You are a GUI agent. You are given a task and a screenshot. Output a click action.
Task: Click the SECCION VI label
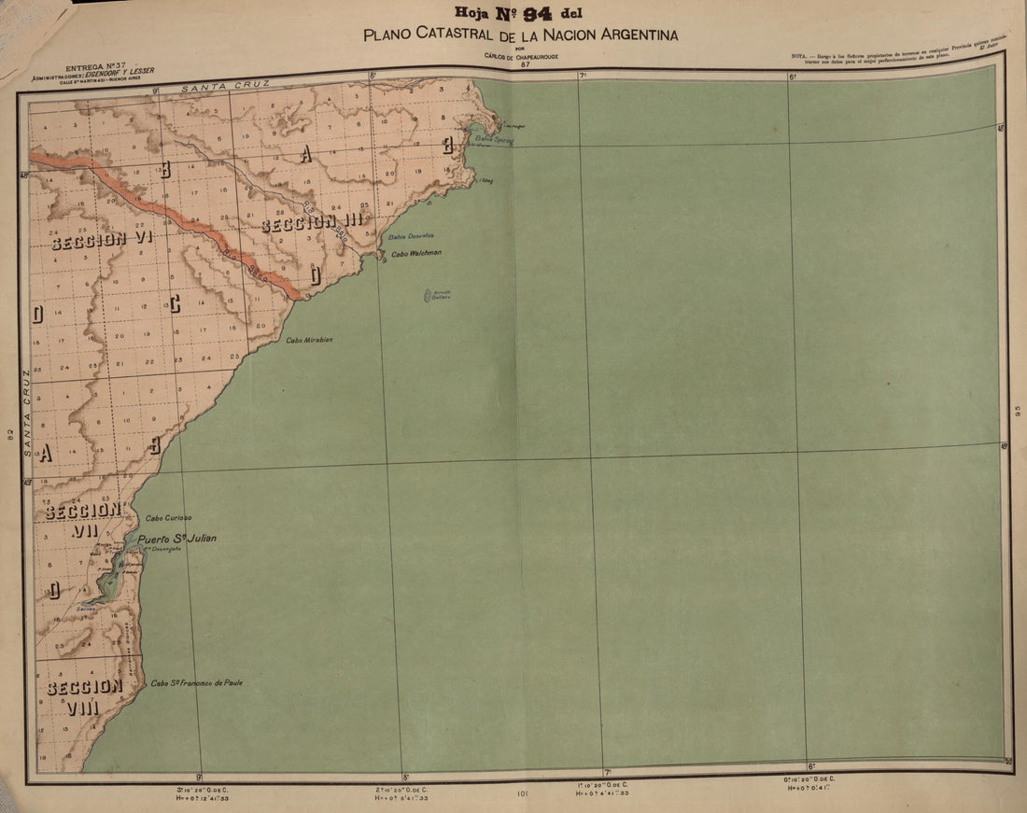(x=102, y=240)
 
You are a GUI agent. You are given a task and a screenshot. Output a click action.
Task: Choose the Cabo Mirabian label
(x=309, y=340)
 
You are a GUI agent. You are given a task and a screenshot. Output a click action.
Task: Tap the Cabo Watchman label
(x=415, y=253)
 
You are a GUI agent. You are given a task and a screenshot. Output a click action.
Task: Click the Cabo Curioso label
(x=168, y=517)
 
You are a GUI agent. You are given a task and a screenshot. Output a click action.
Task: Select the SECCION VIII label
(x=84, y=696)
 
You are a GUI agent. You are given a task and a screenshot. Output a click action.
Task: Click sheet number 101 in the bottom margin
(x=522, y=794)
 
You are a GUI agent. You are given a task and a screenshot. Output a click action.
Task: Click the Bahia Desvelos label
(x=411, y=235)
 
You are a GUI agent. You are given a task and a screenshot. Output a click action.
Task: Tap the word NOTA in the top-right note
(x=798, y=57)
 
